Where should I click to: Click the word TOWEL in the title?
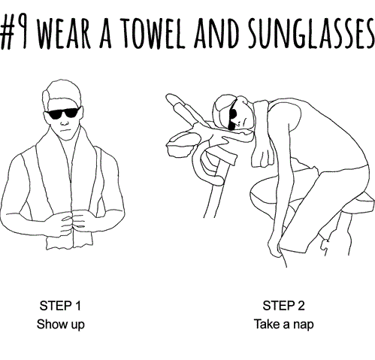153,33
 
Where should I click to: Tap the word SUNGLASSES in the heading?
311,33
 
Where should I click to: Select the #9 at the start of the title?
14,33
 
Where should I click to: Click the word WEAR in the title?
63,33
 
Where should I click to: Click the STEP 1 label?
60,306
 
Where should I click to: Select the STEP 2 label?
283,306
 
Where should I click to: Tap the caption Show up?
61,324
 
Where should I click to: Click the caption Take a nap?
283,324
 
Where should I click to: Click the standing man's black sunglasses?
63,113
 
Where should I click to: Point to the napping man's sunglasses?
232,116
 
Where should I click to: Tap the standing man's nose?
64,122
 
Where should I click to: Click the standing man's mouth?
65,130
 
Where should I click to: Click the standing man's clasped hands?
72,223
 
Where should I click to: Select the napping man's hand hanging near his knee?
274,247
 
